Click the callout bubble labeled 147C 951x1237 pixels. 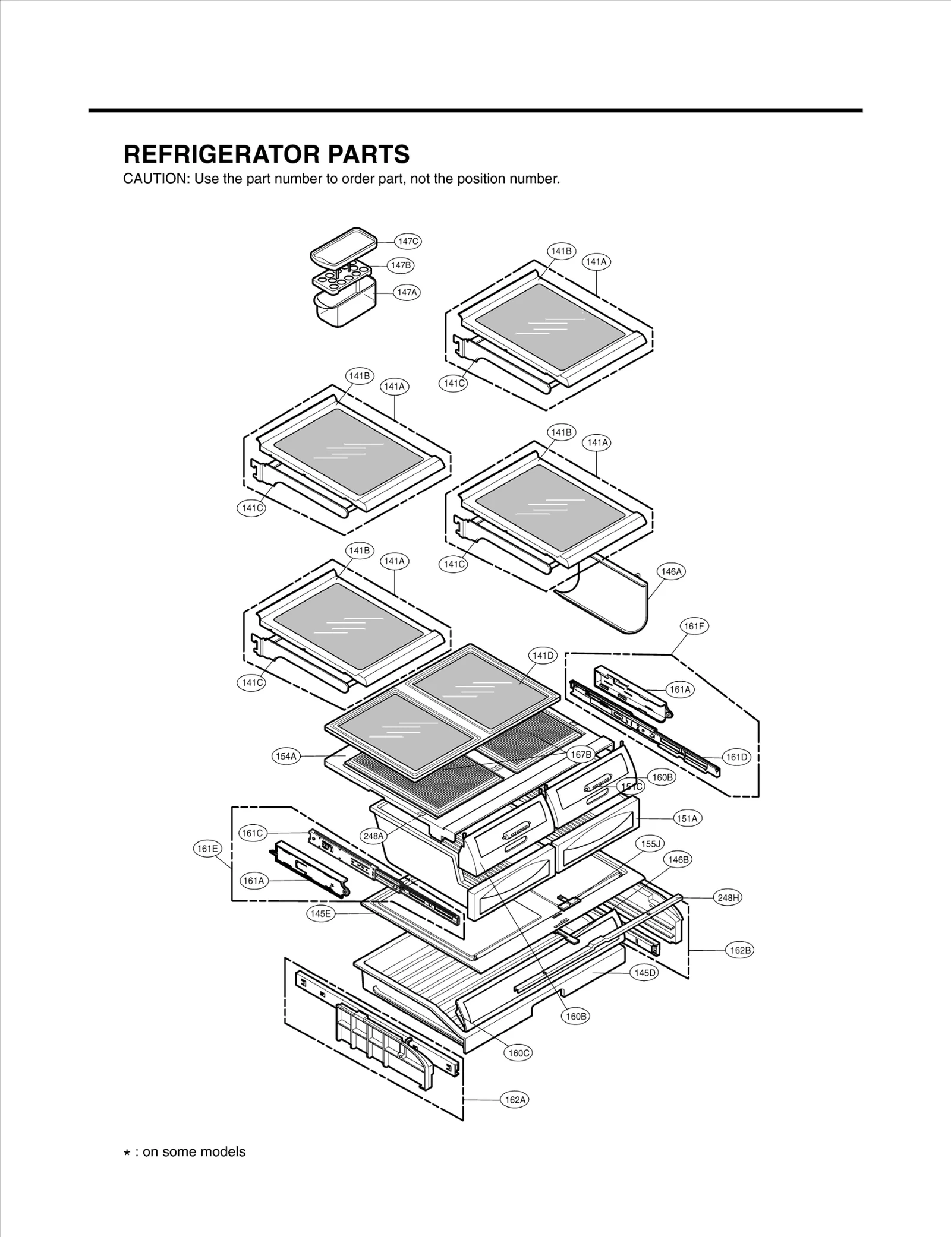point(408,241)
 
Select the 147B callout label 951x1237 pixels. point(401,265)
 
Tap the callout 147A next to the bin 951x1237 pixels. point(407,292)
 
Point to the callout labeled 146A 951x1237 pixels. point(671,571)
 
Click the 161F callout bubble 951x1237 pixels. point(694,626)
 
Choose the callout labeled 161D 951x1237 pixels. point(736,757)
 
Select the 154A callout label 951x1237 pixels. point(286,756)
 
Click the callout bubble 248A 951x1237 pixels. point(374,836)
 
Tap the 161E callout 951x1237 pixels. point(207,849)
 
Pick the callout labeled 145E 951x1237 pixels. point(320,913)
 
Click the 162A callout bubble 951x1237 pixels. point(515,1100)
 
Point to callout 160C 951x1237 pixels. point(519,1053)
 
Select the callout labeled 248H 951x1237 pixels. point(728,897)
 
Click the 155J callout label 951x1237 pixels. point(650,844)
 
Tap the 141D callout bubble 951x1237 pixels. point(543,656)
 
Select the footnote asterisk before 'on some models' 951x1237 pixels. point(127,1153)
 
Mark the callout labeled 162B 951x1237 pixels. point(740,950)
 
